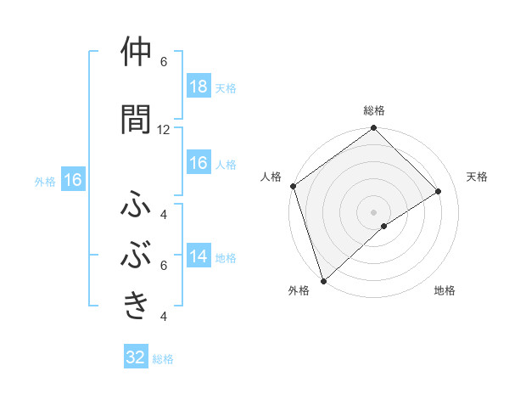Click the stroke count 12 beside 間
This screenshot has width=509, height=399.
coord(164,130)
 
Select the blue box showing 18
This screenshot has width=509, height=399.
coord(198,87)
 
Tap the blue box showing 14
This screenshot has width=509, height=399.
coord(198,256)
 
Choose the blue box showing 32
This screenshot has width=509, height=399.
coord(136,357)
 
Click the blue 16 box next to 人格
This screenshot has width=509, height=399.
coord(198,163)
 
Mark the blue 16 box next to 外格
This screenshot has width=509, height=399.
coord(72,180)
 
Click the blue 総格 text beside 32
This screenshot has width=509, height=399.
coord(163,359)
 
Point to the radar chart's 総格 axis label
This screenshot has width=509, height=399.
coord(374,110)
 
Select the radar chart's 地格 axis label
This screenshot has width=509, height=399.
coord(445,291)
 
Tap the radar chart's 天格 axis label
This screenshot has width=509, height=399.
coord(478,177)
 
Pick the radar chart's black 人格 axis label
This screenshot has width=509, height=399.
coord(271,177)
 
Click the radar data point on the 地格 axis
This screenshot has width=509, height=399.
coord(383,226)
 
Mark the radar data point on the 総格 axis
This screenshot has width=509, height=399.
coord(374,129)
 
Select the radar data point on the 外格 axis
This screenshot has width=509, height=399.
coord(323,280)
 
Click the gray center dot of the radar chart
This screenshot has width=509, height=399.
coord(373,211)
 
